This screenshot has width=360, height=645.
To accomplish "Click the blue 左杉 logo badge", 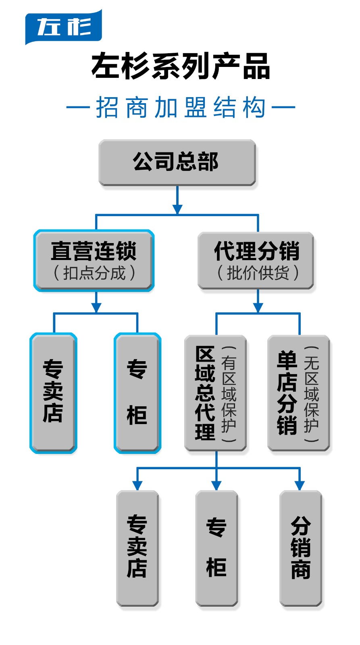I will click(63, 27).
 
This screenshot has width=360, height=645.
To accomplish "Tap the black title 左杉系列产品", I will click(180, 66).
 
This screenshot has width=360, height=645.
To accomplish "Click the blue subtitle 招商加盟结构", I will click(181, 107).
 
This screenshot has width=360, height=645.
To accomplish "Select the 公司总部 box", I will click(177, 162).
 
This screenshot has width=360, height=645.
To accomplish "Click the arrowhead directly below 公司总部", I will click(177, 209).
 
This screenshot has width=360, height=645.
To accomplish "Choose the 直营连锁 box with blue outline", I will click(94, 260).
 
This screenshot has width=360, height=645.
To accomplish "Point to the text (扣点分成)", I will click(94, 273).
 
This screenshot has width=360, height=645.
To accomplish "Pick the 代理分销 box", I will click(256, 260).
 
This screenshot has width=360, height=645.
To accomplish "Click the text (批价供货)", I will click(258, 273).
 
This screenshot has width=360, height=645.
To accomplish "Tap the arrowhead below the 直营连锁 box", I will click(96, 307).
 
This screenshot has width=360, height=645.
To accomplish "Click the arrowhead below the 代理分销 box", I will click(258, 307).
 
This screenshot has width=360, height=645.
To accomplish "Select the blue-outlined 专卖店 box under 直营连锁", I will click(53, 393).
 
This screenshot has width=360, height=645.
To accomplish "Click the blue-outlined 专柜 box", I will click(137, 393).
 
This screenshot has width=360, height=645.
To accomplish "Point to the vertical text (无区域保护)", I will click(312, 393).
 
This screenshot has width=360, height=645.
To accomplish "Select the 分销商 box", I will click(301, 548).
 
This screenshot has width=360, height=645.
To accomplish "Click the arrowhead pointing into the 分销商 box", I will click(300, 485).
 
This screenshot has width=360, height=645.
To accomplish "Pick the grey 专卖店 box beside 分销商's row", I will click(137, 548).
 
